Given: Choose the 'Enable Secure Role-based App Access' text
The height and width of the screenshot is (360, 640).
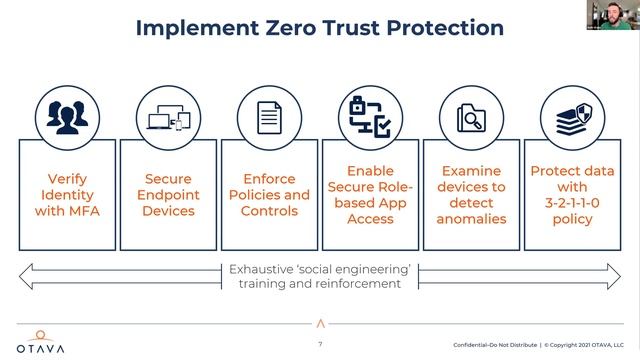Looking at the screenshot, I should pos(370,195).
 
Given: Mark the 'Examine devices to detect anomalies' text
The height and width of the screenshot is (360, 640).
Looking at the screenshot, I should pos(472,195).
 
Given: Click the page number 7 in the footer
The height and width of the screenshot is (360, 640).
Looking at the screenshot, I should pos(320,345).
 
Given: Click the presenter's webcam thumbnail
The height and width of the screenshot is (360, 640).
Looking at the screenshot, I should pos(617,14).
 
